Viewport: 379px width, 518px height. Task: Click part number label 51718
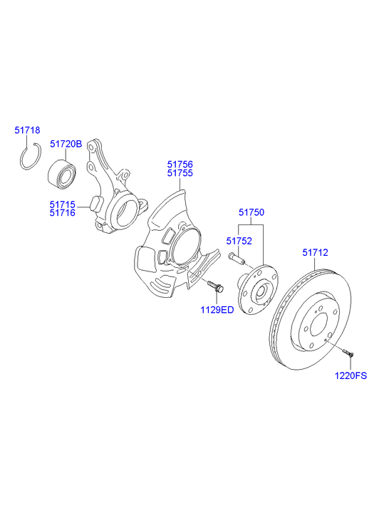(x=28, y=130)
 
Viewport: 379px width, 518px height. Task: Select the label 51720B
(x=66, y=143)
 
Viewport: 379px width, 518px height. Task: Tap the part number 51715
(x=62, y=204)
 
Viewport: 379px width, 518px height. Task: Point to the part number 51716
(x=62, y=212)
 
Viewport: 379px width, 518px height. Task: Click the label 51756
(x=180, y=163)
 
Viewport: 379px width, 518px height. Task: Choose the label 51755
(x=180, y=172)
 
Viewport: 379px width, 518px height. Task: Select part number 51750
(x=251, y=212)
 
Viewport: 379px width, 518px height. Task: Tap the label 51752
(x=240, y=241)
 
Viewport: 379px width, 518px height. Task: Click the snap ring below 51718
(x=28, y=156)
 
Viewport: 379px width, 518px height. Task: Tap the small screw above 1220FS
(x=347, y=352)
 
